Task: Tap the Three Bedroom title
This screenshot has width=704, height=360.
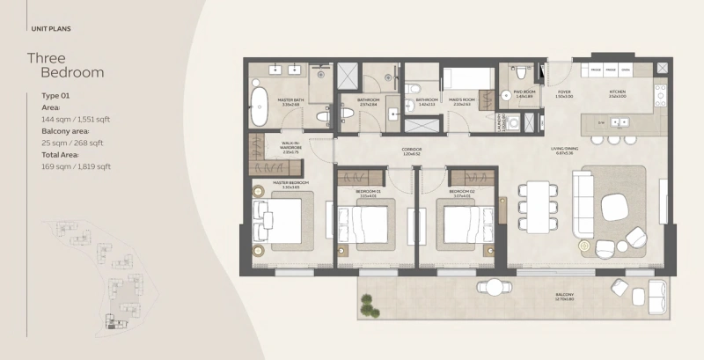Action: [x=66, y=66]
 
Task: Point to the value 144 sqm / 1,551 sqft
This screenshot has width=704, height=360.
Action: [x=76, y=118]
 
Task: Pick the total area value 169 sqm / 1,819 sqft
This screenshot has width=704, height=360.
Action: [x=76, y=165]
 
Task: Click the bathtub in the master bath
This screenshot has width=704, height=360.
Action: [x=260, y=105]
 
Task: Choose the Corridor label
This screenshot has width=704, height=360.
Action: [x=412, y=150]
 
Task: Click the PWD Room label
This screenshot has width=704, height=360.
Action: [x=524, y=91]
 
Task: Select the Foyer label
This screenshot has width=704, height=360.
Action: [x=565, y=91]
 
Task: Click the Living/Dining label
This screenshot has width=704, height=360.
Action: [x=589, y=150]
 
